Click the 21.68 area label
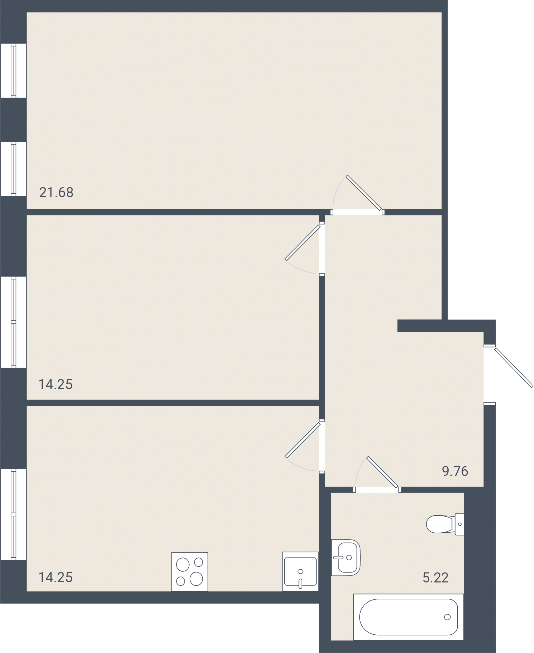tap(56, 192)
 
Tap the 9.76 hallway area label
tap(455, 471)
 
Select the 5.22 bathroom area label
tap(436, 578)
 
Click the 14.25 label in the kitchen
tap(56, 577)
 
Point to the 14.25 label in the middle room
tap(56, 384)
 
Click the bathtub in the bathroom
tap(408, 617)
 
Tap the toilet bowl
tap(440, 524)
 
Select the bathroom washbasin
tap(346, 557)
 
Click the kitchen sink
tap(300, 571)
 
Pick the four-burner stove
tap(190, 572)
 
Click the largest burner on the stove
tap(197, 579)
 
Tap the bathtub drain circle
tap(447, 617)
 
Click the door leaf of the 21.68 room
tap(364, 193)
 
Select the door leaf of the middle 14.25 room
tap(303, 242)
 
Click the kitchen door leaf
tap(303, 440)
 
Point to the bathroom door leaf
tap(382, 472)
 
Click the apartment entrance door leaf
tap(514, 367)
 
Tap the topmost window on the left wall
tap(13, 71)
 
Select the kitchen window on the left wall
tap(13, 514)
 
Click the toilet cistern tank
tap(459, 524)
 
